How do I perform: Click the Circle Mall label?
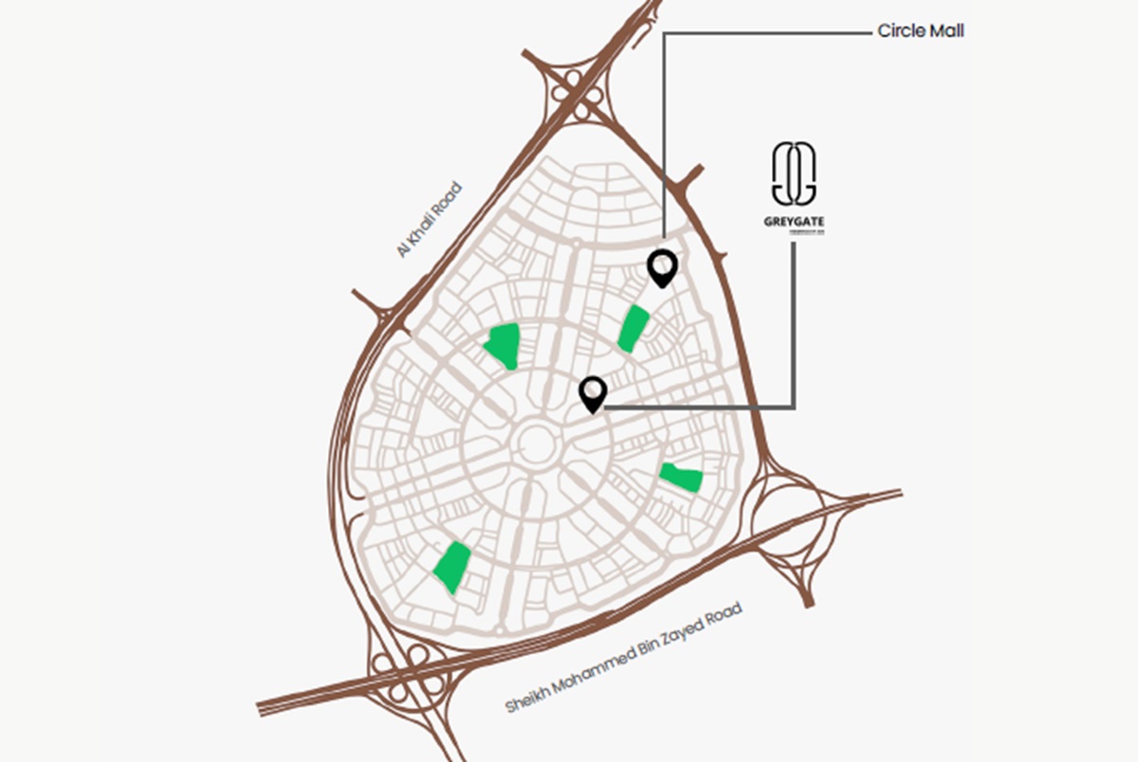coord(921,31)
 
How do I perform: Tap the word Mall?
coord(947,31)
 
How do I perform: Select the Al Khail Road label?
coord(430,219)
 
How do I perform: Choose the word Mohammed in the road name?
coord(589,676)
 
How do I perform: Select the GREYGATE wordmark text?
coord(794,225)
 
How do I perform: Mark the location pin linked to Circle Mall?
coord(662,267)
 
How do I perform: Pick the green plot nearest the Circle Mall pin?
coord(633,328)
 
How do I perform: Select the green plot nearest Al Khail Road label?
coord(503,344)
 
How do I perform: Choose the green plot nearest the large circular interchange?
coord(682,477)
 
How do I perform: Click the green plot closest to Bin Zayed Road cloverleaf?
coord(452,567)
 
